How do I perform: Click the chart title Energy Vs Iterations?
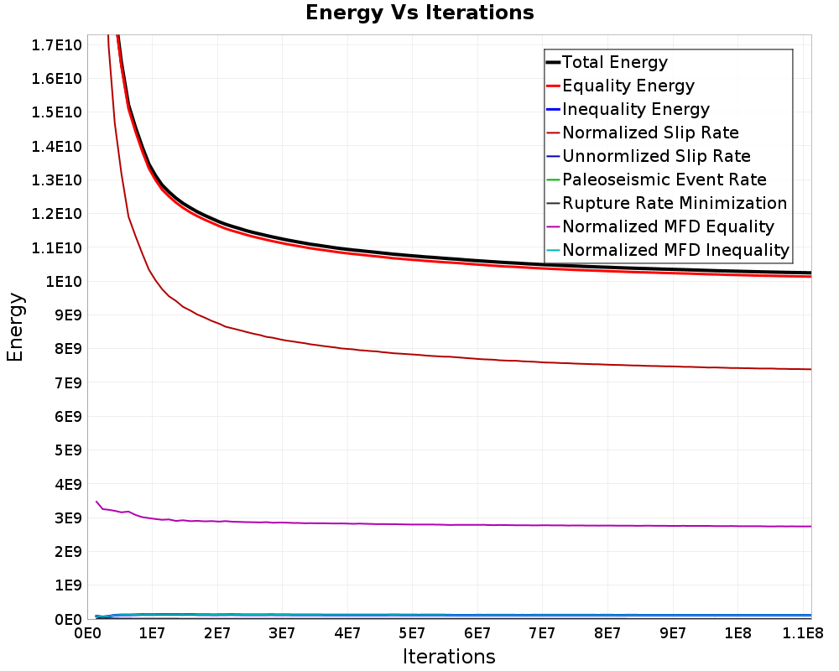tap(419, 13)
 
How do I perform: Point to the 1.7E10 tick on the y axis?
tap(57, 45)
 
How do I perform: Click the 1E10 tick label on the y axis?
tap(64, 282)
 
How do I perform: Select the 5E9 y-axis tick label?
tap(68, 450)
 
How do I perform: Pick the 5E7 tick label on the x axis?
tap(412, 634)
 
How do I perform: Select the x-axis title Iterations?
tap(449, 657)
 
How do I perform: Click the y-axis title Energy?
tap(15, 327)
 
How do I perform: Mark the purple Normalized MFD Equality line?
tap(454, 524)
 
